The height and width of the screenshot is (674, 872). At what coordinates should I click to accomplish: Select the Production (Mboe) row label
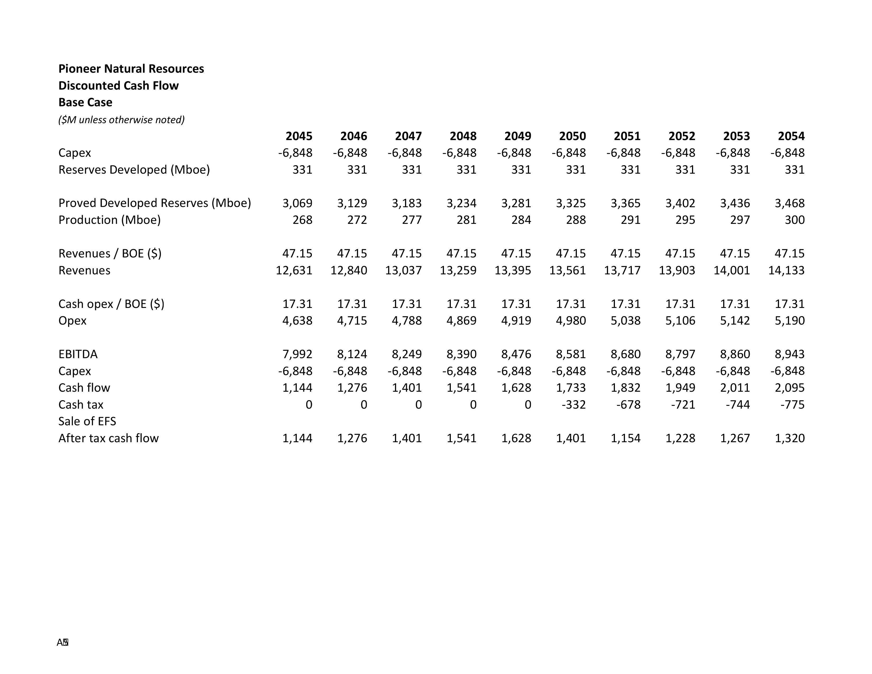tap(109, 220)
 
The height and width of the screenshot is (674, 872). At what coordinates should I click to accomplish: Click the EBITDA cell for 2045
tap(297, 354)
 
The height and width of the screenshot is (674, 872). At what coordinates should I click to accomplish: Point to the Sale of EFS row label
tap(87, 421)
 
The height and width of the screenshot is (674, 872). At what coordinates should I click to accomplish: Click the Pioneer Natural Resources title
tap(131, 69)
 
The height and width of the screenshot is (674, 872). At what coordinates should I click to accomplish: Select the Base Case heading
tap(85, 102)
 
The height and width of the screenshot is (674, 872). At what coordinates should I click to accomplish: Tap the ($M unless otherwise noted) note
tap(121, 120)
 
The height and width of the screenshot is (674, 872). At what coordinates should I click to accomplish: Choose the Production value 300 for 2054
tap(795, 220)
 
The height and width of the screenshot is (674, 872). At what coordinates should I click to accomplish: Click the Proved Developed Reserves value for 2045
tap(297, 203)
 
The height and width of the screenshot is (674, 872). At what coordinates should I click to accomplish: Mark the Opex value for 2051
tap(625, 321)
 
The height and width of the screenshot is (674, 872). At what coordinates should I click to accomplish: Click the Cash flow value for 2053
tap(735, 388)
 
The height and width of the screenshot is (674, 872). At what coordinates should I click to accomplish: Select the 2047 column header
tap(408, 136)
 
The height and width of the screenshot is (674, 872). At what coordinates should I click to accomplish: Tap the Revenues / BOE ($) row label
tap(110, 253)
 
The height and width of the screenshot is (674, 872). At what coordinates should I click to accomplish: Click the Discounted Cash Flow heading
tap(118, 85)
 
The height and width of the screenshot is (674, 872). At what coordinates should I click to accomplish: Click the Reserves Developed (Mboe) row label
tap(134, 170)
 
